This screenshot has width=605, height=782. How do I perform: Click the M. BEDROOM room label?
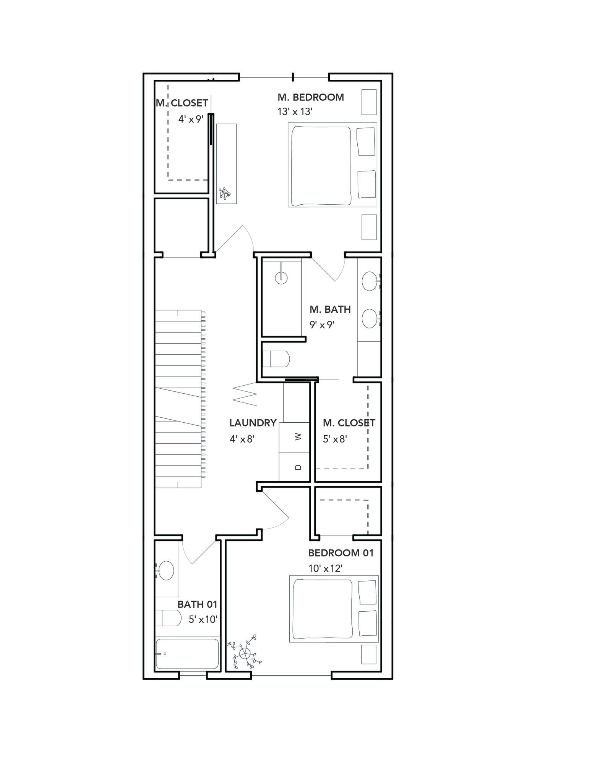click(311, 97)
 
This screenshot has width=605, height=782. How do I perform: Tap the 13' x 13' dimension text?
click(295, 112)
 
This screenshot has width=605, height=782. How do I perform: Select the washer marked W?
click(294, 437)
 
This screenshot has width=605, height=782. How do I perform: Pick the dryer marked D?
click(294, 467)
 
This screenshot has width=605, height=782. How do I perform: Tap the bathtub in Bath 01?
click(187, 654)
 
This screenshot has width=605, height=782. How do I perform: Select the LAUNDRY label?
click(253, 423)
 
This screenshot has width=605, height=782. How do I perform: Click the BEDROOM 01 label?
click(341, 553)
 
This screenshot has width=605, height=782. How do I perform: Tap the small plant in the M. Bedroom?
click(225, 194)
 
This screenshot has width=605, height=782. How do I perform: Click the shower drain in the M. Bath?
click(281, 277)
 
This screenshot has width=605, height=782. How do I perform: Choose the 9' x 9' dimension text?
click(322, 325)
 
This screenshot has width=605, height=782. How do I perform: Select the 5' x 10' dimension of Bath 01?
click(203, 619)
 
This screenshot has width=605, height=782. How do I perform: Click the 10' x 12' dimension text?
click(325, 569)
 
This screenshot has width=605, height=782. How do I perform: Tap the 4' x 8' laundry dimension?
click(242, 439)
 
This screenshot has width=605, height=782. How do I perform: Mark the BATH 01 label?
click(197, 604)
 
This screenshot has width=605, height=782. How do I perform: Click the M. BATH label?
click(330, 309)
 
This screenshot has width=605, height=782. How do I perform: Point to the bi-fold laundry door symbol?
click(245, 393)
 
